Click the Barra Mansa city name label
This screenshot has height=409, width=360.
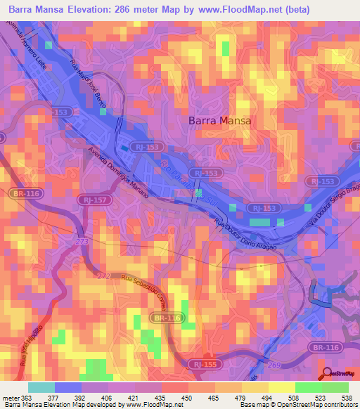click(x=219, y=120)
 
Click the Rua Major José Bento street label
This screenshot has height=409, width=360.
click(x=88, y=84)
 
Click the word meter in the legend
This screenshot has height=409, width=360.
click(x=11, y=397)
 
